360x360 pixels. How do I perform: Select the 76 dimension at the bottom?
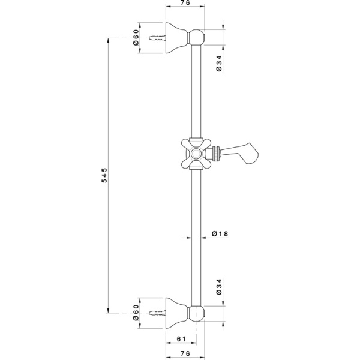[x=184, y=354]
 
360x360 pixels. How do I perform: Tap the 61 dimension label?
[x=180, y=340]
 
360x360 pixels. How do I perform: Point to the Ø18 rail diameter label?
[x=221, y=235]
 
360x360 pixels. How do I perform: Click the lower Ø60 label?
[x=136, y=313]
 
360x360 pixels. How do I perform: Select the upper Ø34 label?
[x=220, y=63]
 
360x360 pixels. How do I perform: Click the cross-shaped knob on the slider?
[x=196, y=152]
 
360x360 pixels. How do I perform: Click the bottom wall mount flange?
[x=178, y=313]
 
